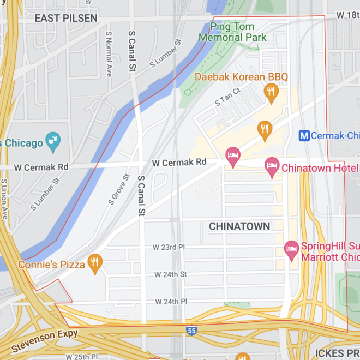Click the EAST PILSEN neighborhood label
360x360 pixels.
click(x=66, y=18)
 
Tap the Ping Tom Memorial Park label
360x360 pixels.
click(x=233, y=32)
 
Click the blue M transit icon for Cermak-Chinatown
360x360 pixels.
click(x=305, y=135)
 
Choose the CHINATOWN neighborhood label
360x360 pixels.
click(x=239, y=226)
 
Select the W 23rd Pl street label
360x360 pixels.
click(x=170, y=247)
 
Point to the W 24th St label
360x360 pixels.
click(x=170, y=274)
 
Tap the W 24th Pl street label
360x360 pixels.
click(x=170, y=301)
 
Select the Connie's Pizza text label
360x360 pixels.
click(x=51, y=265)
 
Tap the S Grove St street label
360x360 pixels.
click(x=119, y=189)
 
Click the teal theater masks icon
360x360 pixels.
click(x=53, y=140)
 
